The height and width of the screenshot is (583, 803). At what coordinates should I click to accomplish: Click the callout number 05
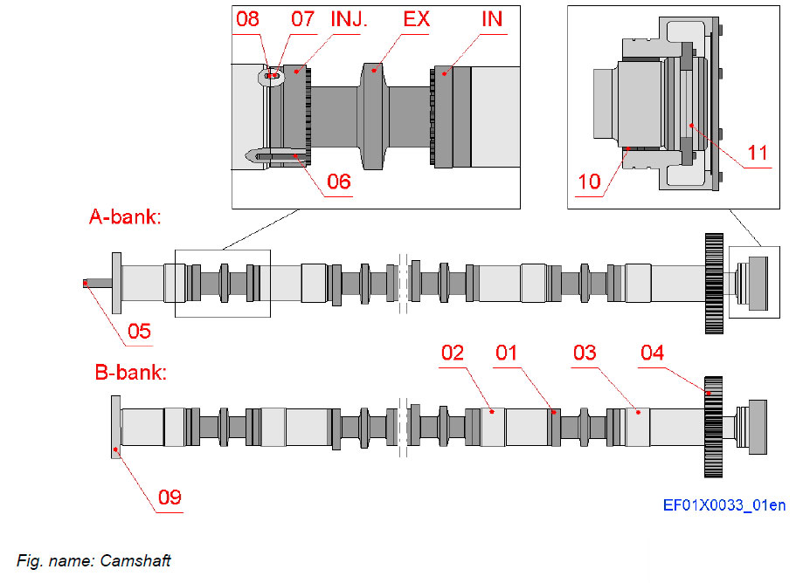pyautogui.click(x=139, y=331)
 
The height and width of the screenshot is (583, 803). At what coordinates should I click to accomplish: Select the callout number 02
pyautogui.click(x=452, y=353)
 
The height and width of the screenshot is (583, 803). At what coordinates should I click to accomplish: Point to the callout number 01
pyautogui.click(x=507, y=353)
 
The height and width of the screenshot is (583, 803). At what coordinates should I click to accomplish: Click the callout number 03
pyautogui.click(x=585, y=353)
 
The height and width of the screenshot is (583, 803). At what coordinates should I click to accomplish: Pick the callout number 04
pyautogui.click(x=652, y=353)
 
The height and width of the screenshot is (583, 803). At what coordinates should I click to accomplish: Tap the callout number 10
pyautogui.click(x=589, y=181)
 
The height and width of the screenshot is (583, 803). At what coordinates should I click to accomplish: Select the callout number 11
pyautogui.click(x=758, y=153)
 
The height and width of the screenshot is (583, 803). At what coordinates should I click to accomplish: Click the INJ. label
pyautogui.click(x=350, y=18)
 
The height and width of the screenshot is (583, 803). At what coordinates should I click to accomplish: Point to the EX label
pyautogui.click(x=417, y=18)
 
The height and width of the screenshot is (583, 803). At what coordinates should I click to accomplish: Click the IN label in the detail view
pyautogui.click(x=493, y=18)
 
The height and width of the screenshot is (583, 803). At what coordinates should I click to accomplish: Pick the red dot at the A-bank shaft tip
pyautogui.click(x=85, y=283)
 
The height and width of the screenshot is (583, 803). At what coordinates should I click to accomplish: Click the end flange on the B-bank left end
pyautogui.click(x=115, y=427)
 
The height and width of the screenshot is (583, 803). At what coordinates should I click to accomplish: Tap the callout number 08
pyautogui.click(x=248, y=18)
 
